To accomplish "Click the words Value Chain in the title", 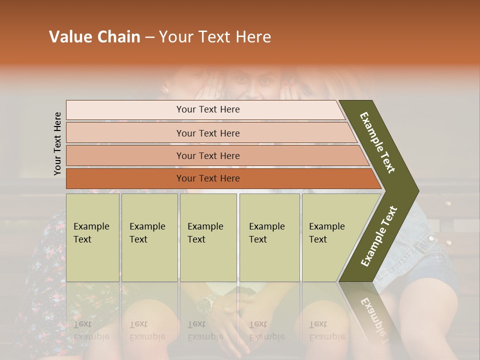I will tap(94, 37).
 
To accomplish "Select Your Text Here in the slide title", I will tap(215, 37).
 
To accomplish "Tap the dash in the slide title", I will tap(149, 37).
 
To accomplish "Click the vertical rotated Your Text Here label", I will tap(58, 143).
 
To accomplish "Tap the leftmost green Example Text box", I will tap(92, 237).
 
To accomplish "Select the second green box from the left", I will tap(149, 237).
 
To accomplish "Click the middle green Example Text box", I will tap(208, 237).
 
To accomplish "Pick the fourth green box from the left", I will tap(269, 237).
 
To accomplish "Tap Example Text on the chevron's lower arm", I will tap(379, 236).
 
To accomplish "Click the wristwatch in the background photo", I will tap(205, 302).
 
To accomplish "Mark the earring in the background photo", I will tap(164, 90).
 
